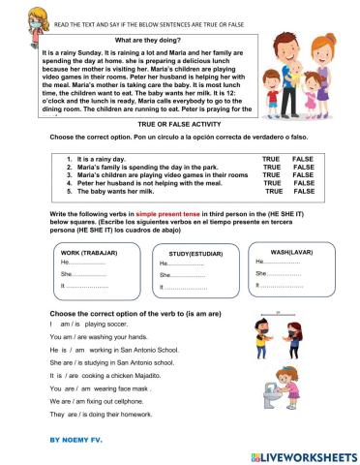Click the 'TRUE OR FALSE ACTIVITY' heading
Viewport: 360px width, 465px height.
click(x=181, y=126)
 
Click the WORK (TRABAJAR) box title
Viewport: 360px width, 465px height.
click(x=82, y=252)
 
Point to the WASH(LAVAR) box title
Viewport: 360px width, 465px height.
click(x=285, y=251)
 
